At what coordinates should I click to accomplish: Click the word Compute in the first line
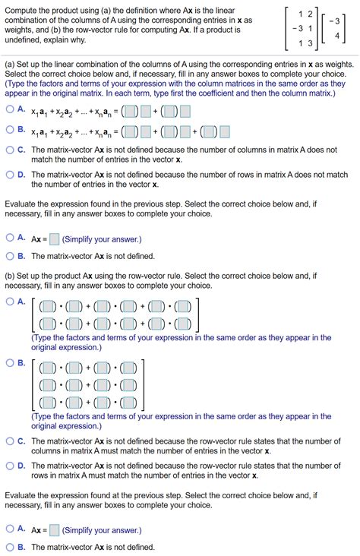click(26, 8)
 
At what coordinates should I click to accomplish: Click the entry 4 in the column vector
click(336, 36)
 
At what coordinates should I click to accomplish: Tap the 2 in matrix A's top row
click(309, 14)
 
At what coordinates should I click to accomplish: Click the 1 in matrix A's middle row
click(310, 28)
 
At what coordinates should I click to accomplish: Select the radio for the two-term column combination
click(10, 109)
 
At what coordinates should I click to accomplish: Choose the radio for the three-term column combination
click(10, 130)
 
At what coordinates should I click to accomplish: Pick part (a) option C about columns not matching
click(10, 150)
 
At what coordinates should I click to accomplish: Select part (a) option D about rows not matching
click(10, 175)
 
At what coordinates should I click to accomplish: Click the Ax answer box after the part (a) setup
click(54, 239)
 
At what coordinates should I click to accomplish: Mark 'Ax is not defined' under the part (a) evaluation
click(10, 256)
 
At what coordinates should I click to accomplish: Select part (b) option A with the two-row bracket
click(10, 302)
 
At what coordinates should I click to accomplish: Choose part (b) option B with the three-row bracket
click(10, 362)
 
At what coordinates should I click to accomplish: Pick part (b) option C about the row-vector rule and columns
click(10, 441)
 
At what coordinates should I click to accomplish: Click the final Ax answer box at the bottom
click(54, 530)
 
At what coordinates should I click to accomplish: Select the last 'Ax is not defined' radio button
click(10, 547)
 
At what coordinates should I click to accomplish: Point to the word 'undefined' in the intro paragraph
click(25, 37)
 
